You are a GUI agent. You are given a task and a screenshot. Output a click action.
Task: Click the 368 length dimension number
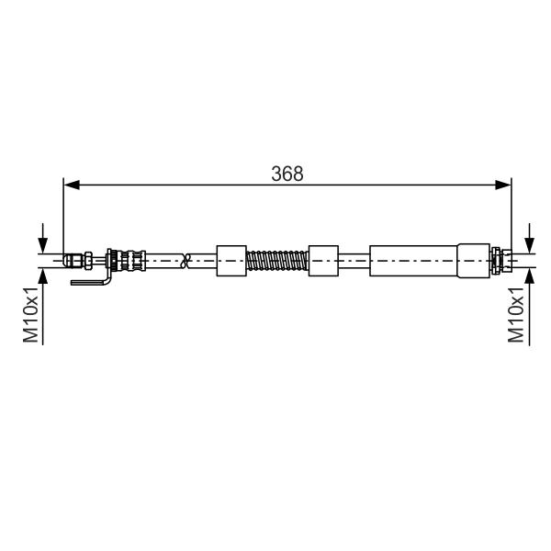pyautogui.click(x=287, y=174)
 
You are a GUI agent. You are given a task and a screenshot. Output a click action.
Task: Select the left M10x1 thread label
pyautogui.click(x=30, y=314)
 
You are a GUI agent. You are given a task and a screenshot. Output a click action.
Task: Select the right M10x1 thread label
pyautogui.click(x=515, y=314)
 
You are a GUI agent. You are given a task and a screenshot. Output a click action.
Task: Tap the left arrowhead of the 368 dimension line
pyautogui.click(x=72, y=185)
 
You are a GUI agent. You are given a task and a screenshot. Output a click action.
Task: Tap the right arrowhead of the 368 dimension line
pyautogui.click(x=503, y=185)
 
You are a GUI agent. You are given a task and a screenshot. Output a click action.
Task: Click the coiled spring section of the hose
pyautogui.click(x=277, y=261)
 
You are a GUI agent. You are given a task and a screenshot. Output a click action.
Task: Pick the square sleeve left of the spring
pyautogui.click(x=231, y=261)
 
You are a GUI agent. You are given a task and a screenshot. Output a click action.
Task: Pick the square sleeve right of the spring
pyautogui.click(x=323, y=261)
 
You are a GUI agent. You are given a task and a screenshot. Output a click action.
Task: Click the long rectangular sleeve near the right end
pyautogui.click(x=413, y=261)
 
